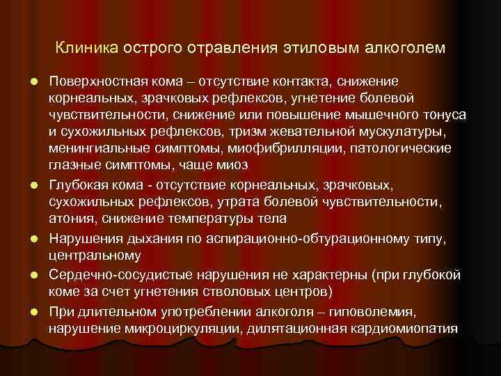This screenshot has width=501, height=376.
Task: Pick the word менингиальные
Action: coord(97,148)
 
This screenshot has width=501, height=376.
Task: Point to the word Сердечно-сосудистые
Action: coord(114,274)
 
